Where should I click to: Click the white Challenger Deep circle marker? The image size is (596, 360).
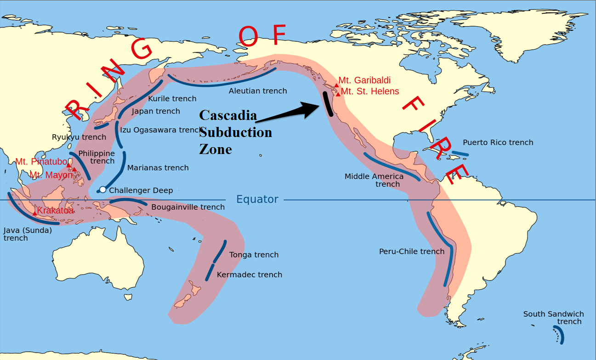click(103, 190)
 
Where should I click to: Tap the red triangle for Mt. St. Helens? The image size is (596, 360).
click(338, 94)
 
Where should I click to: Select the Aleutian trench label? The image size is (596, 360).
click(258, 91)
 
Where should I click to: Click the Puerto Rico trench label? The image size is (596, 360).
click(498, 143)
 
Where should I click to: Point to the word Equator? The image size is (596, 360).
click(257, 199)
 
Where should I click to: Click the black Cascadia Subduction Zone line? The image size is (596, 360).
click(328, 103)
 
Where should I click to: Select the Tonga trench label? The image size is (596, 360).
click(254, 255)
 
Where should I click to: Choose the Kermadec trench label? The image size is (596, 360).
click(249, 274)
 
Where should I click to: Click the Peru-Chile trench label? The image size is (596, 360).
click(411, 251)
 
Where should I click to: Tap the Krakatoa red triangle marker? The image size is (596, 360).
click(34, 213)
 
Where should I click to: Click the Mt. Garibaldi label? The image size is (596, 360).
click(364, 80)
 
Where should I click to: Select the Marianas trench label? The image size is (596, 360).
click(158, 168)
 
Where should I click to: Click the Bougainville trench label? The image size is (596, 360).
click(188, 207)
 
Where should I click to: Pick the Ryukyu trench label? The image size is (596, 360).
click(79, 137)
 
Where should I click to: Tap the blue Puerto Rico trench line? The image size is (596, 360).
click(460, 153)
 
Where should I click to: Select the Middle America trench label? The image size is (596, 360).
click(374, 180)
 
